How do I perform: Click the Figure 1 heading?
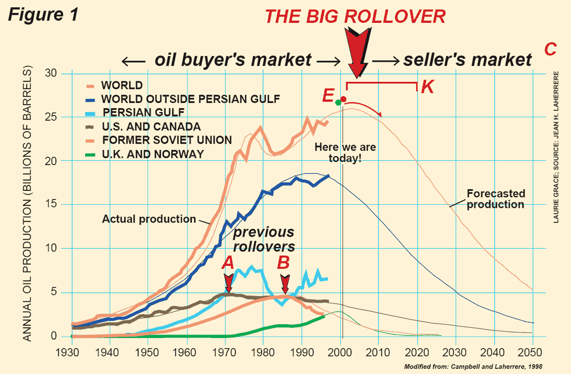pos(42,15)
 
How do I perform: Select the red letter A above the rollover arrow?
pos(228,262)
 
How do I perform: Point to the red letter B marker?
pos(284,262)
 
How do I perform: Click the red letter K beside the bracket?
pos(428,87)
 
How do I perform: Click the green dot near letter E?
pos(338,102)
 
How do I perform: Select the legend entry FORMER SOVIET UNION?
pos(166,140)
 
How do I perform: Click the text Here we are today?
pos(345,153)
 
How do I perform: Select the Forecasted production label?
pos(495,198)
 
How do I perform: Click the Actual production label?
pos(148,218)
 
